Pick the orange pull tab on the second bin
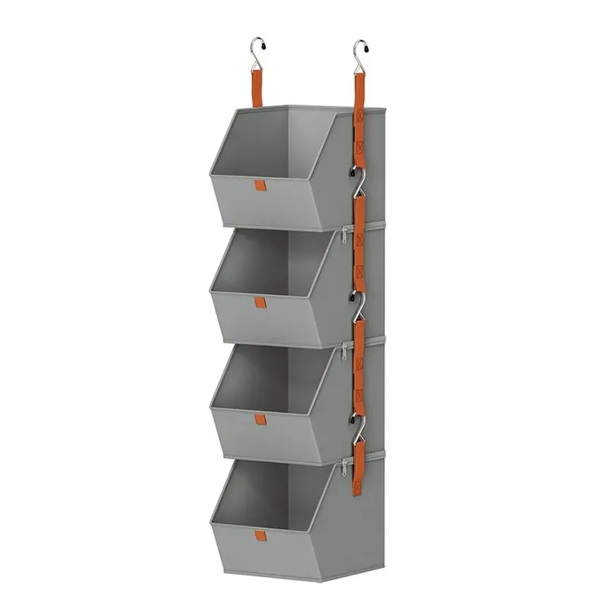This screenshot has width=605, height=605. click(x=262, y=303)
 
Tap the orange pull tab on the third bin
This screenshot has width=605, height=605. click(x=261, y=420)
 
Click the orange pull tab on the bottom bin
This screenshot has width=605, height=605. click(x=261, y=538)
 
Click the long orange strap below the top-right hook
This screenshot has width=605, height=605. click(x=360, y=113)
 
